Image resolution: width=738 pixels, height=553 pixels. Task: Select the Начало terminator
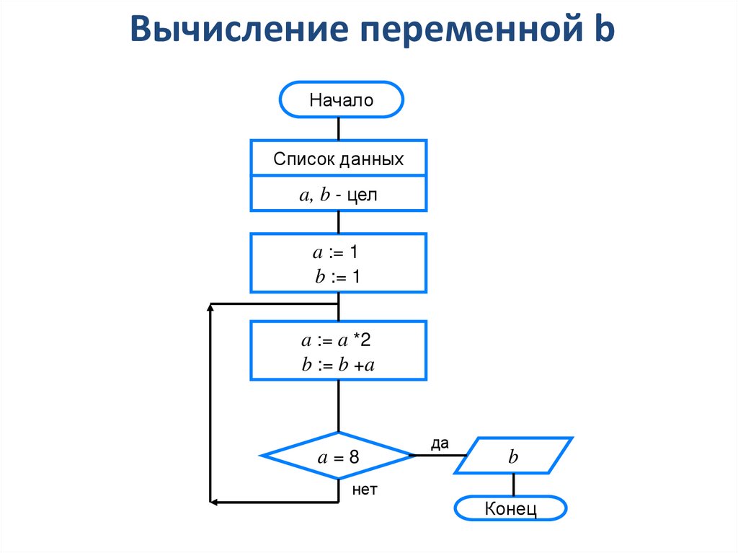(x=341, y=99)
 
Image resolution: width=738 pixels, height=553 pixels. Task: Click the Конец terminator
(x=511, y=508)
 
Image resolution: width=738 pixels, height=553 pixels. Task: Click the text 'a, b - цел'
(x=338, y=195)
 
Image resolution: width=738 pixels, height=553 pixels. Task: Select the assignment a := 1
(x=338, y=252)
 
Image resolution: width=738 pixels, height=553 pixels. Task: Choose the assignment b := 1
(x=338, y=277)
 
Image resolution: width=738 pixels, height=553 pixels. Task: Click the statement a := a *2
(x=338, y=341)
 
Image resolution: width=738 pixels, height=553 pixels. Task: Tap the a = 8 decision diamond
(x=338, y=456)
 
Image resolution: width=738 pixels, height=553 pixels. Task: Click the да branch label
(x=440, y=443)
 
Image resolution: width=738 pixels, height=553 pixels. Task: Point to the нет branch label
(x=365, y=490)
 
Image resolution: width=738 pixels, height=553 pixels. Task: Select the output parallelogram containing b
(x=513, y=456)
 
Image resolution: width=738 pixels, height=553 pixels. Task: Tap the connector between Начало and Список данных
(x=339, y=128)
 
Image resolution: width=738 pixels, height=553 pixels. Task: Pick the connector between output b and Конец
(x=513, y=485)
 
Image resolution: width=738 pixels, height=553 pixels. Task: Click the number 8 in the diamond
(x=353, y=457)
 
